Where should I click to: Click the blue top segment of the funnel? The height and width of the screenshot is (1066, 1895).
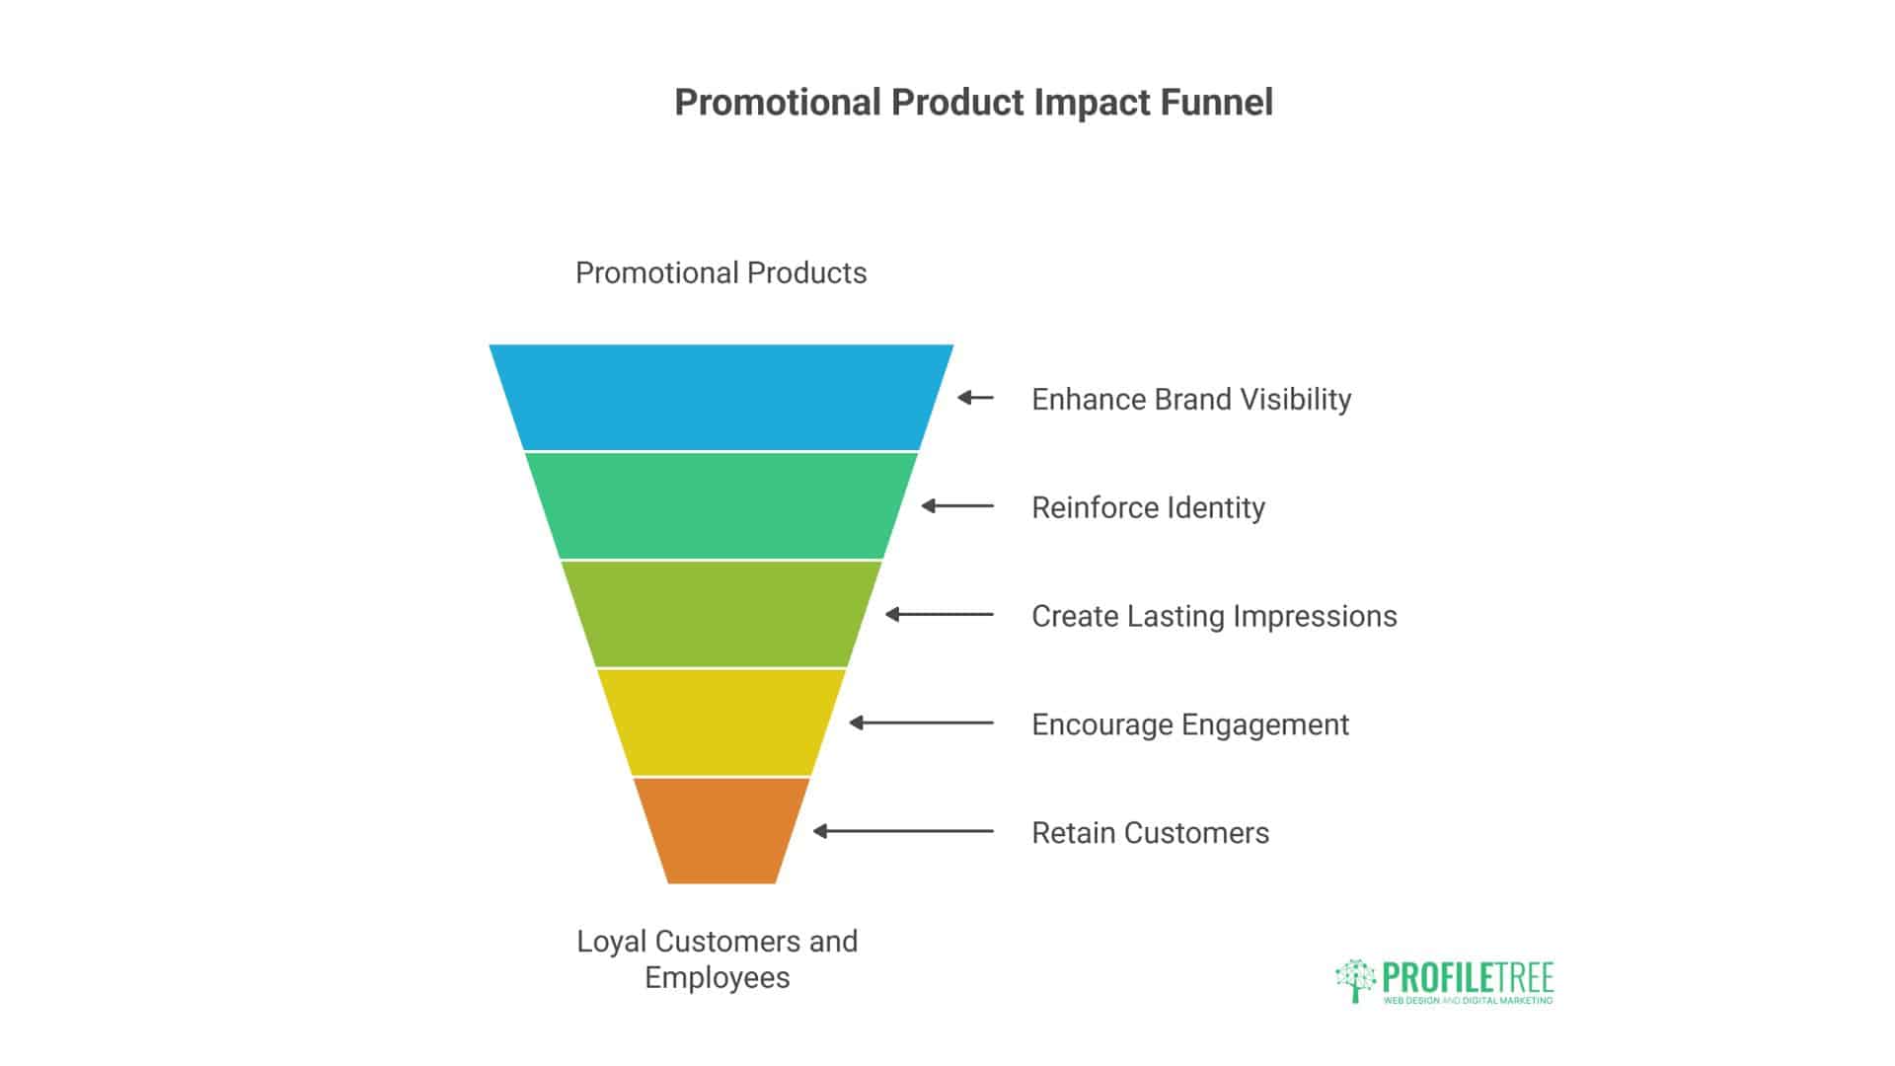(x=721, y=397)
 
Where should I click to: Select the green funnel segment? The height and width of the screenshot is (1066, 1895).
(x=721, y=505)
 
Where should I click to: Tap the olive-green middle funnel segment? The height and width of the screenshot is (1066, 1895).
(x=721, y=614)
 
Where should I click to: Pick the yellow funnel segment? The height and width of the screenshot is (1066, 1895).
(x=721, y=723)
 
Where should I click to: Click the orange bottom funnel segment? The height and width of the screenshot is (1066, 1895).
(x=721, y=830)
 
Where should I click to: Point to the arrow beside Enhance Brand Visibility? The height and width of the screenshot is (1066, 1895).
(x=975, y=398)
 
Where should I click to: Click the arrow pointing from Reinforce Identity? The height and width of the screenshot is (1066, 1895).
(x=957, y=506)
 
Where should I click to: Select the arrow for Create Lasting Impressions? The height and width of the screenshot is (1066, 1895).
(x=939, y=615)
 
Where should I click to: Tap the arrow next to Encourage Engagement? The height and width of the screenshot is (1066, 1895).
(x=921, y=723)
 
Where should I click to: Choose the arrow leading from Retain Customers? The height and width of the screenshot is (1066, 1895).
(x=903, y=831)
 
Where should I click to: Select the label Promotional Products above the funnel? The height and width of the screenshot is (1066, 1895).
(x=720, y=272)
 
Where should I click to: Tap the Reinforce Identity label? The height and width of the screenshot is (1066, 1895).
(x=1148, y=507)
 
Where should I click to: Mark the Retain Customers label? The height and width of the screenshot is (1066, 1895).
(x=1150, y=833)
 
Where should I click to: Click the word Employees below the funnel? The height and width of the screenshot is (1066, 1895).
(x=718, y=977)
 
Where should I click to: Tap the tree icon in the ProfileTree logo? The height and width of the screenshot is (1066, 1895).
(x=1355, y=980)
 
